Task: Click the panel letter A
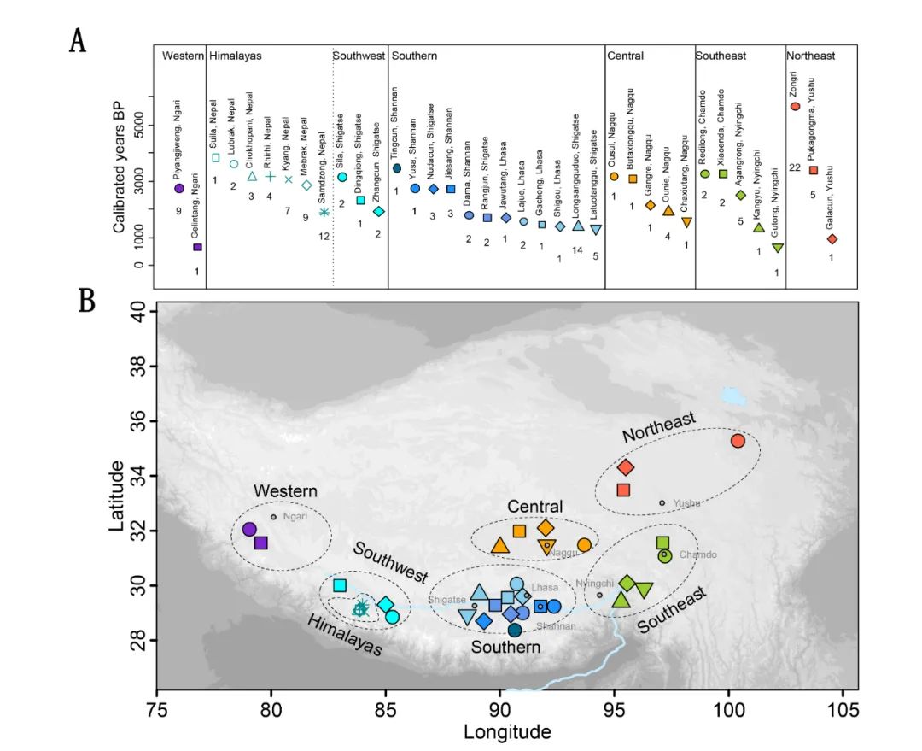point(78,39)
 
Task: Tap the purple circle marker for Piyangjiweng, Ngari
point(179,188)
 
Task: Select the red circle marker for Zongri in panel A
point(795,107)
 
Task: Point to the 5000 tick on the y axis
point(139,126)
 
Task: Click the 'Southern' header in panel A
point(414,56)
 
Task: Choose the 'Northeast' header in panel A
point(812,56)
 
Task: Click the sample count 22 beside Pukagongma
point(795,167)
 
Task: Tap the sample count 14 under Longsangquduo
point(578,249)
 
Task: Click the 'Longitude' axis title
point(507,732)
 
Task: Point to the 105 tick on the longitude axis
point(843,709)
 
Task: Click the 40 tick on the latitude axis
point(140,313)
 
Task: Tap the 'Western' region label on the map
point(285,492)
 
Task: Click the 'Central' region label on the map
point(535,507)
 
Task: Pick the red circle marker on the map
point(738,441)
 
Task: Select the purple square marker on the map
point(261,543)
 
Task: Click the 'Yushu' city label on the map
point(687,503)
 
